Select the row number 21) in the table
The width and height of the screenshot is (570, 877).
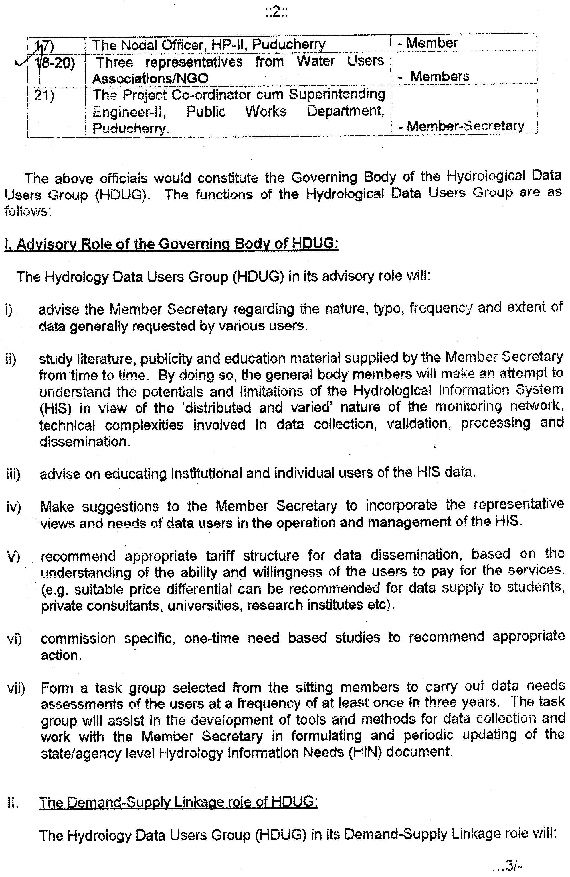pyautogui.click(x=44, y=95)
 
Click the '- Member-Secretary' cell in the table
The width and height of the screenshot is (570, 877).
pyautogui.click(x=461, y=126)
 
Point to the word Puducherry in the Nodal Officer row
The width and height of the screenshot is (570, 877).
pyautogui.click(x=288, y=44)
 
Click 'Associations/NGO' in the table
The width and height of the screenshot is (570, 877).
pyautogui.click(x=150, y=78)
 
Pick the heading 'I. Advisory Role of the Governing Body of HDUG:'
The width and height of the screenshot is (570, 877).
pyautogui.click(x=171, y=244)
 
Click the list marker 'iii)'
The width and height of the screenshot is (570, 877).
pyautogui.click(x=13, y=474)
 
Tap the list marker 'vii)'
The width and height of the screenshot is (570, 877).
pyautogui.click(x=16, y=688)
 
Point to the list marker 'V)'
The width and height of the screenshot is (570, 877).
pyautogui.click(x=13, y=556)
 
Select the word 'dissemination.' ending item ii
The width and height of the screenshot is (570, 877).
pyautogui.click(x=85, y=441)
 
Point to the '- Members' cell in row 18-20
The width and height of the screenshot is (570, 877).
pyautogui.click(x=434, y=76)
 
